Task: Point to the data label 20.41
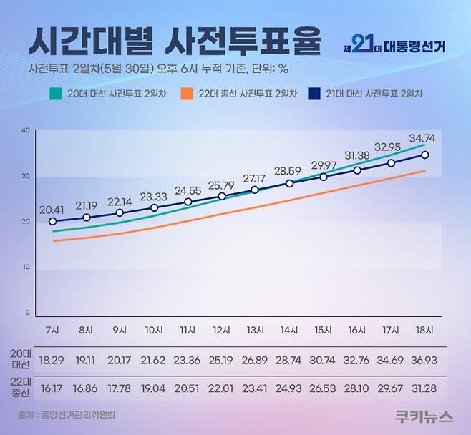point(52,210)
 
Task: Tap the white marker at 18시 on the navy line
point(425,155)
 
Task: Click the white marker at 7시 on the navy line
point(52,222)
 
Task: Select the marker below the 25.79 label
point(222,196)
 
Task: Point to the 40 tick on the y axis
point(25,130)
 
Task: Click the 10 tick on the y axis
point(25,268)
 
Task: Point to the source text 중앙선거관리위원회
point(80,414)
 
